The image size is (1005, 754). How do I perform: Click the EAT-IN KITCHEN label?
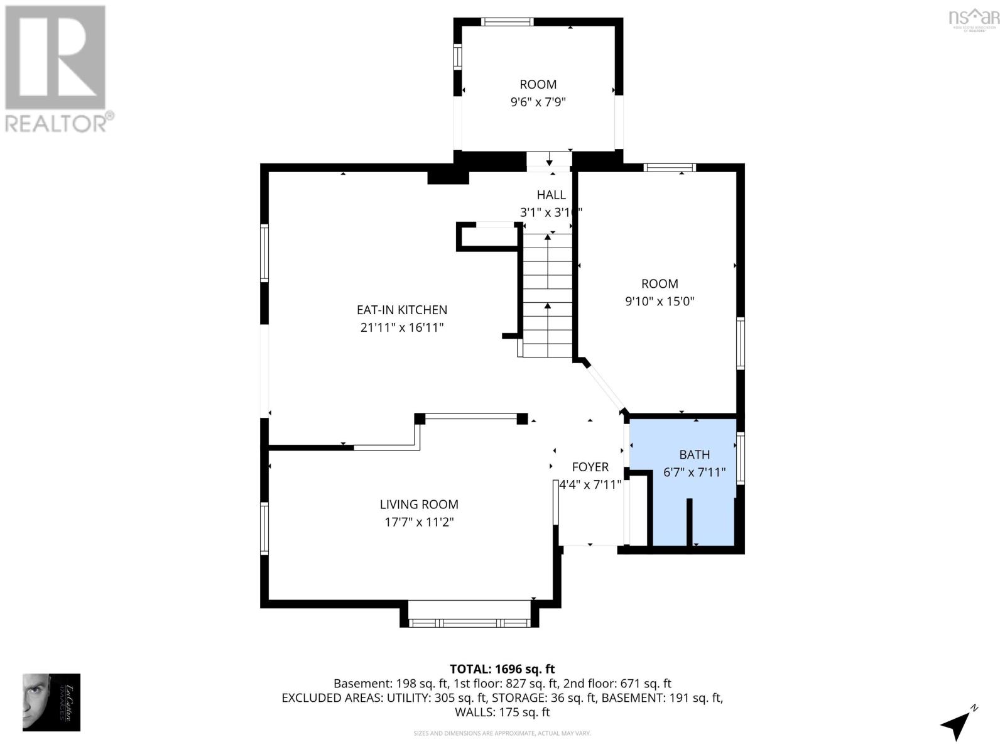click(402, 310)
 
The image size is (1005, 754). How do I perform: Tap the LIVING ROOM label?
click(419, 504)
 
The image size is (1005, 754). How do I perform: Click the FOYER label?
click(590, 467)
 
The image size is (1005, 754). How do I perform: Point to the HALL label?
click(551, 195)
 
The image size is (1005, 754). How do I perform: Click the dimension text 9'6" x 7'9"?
click(538, 102)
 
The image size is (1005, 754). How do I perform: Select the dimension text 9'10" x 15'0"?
click(660, 301)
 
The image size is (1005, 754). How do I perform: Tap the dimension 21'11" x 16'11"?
click(402, 327)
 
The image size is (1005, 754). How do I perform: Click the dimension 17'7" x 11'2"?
click(419, 522)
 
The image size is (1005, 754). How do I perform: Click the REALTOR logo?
click(57, 69)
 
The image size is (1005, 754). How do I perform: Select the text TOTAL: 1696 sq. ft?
click(502, 669)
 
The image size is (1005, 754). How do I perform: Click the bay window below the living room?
click(469, 623)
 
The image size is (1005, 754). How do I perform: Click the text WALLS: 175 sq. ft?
click(502, 712)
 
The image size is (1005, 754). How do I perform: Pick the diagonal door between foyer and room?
click(606, 386)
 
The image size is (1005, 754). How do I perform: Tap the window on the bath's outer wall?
click(741, 457)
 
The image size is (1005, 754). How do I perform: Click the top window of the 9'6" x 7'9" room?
click(507, 21)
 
